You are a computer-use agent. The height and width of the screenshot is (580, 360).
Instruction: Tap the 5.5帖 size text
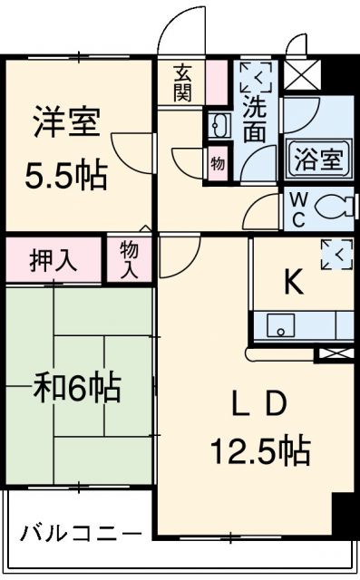pos(65,173)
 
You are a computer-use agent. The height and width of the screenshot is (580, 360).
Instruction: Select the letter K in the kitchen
pos(292,283)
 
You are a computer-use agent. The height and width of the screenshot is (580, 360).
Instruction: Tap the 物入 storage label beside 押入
pos(130,260)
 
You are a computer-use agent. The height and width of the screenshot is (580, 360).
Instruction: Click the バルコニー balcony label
pos(81,532)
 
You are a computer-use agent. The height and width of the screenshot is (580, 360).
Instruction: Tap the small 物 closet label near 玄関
pos(217,163)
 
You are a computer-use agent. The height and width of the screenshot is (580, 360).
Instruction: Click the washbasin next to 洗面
pos(218,126)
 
